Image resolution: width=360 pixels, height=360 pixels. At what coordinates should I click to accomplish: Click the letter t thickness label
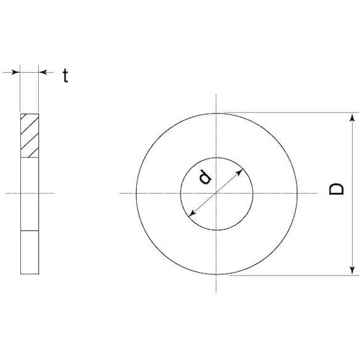coord(65,74)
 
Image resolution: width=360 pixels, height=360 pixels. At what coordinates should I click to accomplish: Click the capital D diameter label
coord(335,190)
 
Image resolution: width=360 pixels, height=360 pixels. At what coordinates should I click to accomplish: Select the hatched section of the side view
coord(30,135)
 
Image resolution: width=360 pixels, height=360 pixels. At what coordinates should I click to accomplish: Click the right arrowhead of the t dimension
coord(42,72)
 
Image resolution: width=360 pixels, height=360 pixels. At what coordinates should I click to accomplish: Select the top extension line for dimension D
coord(288,112)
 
